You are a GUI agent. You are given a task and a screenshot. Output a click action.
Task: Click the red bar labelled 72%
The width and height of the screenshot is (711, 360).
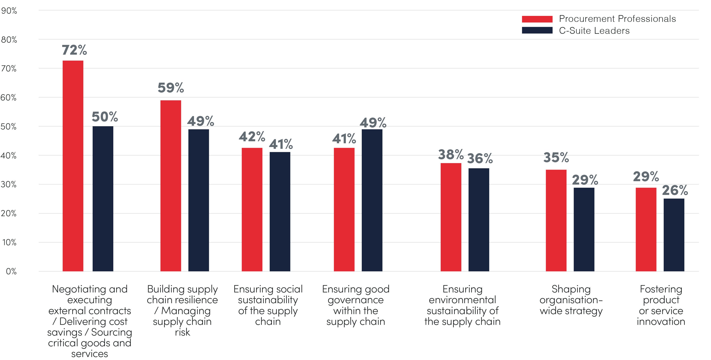73,165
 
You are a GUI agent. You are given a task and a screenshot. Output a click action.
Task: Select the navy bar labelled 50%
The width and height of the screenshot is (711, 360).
103,199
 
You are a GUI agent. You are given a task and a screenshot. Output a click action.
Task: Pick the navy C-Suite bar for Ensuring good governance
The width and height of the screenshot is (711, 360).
372,200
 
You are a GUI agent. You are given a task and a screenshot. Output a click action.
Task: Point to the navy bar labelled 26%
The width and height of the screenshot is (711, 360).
674,234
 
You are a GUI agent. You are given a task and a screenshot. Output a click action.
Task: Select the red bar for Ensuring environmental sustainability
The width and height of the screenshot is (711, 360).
451,217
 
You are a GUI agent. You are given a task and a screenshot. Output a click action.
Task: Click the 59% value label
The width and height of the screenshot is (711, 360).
171,88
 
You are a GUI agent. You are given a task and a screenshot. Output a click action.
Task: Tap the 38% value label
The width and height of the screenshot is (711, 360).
451,155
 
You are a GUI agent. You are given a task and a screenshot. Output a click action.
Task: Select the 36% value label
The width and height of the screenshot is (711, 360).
480,159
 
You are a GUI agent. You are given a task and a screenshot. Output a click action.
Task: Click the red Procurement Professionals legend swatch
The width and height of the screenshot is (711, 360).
537,19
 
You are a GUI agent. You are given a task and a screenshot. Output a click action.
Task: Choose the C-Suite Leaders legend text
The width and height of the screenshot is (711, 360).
594,31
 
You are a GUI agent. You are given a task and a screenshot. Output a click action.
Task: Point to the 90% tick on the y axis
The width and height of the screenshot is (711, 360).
9,11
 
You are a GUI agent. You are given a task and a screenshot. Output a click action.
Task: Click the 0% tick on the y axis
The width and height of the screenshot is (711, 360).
11,271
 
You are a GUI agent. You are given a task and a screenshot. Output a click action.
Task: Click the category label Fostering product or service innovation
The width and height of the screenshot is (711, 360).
661,305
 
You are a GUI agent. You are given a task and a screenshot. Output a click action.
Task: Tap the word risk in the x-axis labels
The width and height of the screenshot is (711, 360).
182,332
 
